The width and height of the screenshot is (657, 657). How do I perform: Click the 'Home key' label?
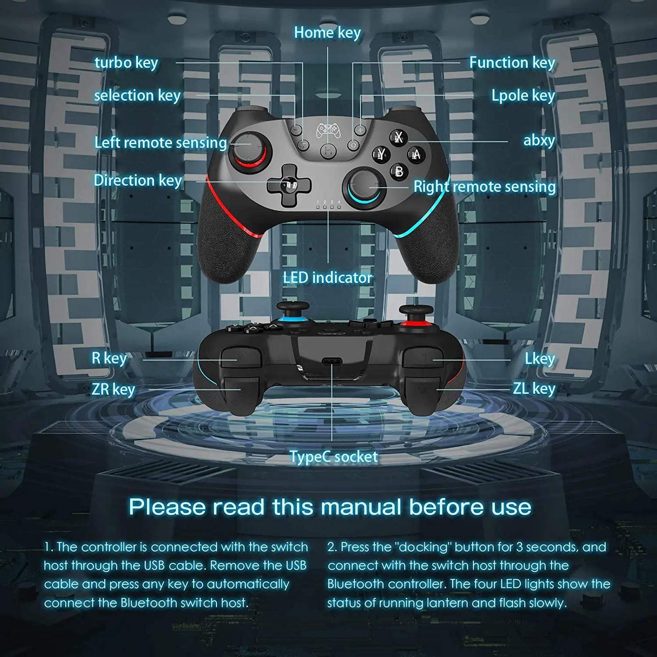(327, 32)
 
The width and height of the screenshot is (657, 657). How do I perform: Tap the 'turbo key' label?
(126, 63)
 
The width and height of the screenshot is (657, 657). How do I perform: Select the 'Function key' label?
(512, 63)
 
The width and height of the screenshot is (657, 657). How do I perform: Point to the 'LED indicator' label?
(327, 277)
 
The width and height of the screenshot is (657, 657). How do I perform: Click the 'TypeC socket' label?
(333, 456)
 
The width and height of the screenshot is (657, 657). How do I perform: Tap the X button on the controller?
(398, 138)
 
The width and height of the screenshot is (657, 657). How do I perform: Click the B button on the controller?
(399, 171)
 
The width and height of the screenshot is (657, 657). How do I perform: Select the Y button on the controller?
(381, 154)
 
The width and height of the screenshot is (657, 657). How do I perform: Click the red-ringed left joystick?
(248, 151)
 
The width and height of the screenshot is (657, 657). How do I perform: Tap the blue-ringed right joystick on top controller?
(363, 186)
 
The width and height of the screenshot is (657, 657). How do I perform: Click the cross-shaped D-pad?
(289, 185)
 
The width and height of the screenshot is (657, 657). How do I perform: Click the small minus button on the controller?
(297, 130)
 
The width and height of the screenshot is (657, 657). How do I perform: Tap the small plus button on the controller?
(360, 130)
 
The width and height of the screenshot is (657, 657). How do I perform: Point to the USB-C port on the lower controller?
(332, 361)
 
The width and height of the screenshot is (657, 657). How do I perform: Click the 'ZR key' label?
(113, 389)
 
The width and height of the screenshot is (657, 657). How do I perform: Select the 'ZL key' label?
(534, 388)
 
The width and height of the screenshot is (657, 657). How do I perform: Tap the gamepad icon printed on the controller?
(328, 129)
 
